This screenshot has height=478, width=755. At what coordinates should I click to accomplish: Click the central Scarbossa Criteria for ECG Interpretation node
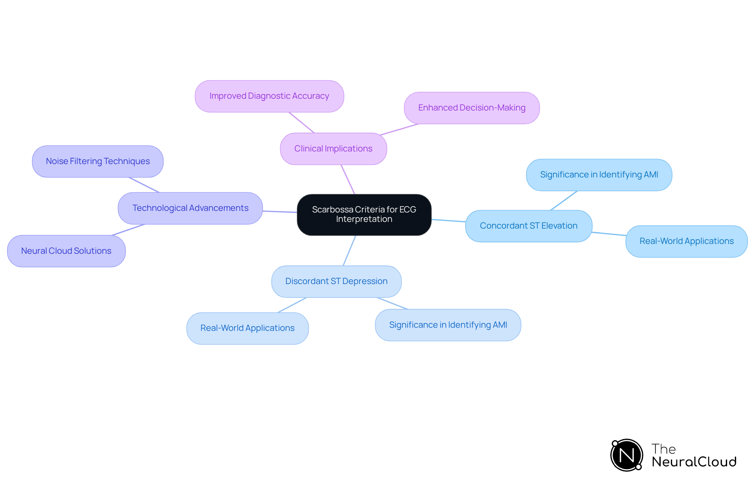click(x=364, y=214)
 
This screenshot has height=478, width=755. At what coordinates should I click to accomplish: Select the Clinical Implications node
click(x=333, y=149)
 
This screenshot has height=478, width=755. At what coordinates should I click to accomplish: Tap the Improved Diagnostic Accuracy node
click(x=269, y=96)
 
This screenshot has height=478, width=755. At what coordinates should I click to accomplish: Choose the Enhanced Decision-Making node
click(x=471, y=108)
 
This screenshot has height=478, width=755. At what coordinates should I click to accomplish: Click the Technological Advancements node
click(x=190, y=208)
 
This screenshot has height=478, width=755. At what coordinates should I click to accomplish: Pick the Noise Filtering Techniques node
click(x=98, y=161)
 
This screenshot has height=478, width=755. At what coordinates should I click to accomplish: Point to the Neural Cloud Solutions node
click(x=66, y=251)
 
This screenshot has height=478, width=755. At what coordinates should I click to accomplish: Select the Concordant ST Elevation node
click(x=528, y=226)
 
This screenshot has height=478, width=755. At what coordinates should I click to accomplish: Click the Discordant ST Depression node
click(x=336, y=281)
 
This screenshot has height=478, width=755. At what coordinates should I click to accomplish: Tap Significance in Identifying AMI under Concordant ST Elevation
click(x=599, y=175)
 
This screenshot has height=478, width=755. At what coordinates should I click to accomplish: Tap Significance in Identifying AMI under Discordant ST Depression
click(x=448, y=325)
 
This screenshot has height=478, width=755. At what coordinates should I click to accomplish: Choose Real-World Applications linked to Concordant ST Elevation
click(x=686, y=241)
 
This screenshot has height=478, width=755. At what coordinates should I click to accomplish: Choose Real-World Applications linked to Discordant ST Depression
click(x=247, y=328)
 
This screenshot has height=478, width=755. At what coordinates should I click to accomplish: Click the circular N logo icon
click(x=626, y=455)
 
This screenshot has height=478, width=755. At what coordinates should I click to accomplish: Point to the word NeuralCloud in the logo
click(x=694, y=462)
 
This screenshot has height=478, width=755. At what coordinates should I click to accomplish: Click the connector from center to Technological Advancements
click(x=280, y=212)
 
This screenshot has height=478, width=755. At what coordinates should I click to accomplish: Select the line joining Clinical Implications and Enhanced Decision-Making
click(x=399, y=129)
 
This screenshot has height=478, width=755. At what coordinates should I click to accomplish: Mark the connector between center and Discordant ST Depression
click(x=350, y=251)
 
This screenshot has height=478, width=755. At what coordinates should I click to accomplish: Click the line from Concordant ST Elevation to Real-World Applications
click(x=609, y=234)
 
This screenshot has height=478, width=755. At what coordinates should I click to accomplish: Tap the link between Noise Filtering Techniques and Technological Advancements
click(x=144, y=185)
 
